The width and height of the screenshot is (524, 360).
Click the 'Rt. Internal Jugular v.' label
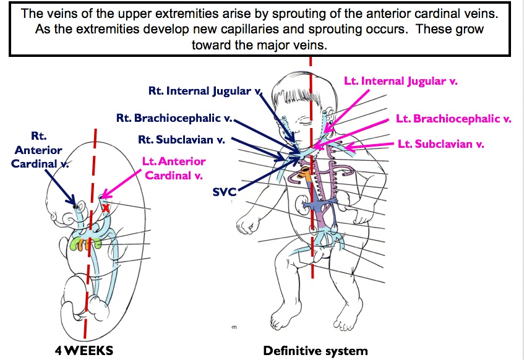tap(202, 90)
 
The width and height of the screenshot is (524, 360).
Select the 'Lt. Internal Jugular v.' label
tap(400, 81)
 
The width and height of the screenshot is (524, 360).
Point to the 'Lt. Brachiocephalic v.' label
tap(453, 119)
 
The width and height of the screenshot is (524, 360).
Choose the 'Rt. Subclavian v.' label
tap(181, 139)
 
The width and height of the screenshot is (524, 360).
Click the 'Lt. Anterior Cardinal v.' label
tap(173, 168)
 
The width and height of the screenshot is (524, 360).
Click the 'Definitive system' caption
tap(315, 351)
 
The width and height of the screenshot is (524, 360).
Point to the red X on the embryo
tap(106, 208)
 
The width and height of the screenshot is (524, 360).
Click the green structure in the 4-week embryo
tap(78, 244)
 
